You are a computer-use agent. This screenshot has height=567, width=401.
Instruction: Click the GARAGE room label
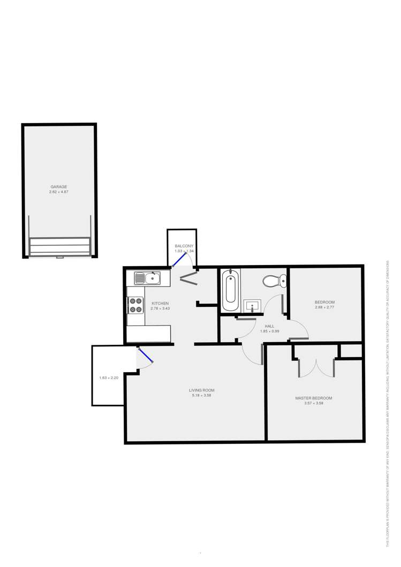click(58, 187)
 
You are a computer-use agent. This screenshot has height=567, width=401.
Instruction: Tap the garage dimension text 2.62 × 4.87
click(58, 192)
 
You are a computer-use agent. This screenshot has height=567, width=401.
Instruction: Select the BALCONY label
click(183, 246)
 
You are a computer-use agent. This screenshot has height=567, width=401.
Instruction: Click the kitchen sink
click(148, 278)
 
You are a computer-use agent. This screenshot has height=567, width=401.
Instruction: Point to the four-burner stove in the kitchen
click(135, 305)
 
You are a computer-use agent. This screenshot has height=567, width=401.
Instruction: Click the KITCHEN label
click(160, 304)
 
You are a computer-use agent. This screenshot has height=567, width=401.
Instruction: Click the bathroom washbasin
click(252, 306)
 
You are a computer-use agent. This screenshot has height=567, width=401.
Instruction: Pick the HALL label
click(269, 326)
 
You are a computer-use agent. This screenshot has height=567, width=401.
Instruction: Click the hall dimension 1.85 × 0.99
click(269, 331)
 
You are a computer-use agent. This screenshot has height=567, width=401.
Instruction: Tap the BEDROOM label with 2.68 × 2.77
click(324, 303)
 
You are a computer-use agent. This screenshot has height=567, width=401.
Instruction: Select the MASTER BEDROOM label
click(314, 398)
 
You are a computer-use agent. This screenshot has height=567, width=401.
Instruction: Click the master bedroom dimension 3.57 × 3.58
click(314, 403)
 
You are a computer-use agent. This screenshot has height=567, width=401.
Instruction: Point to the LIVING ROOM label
click(202, 390)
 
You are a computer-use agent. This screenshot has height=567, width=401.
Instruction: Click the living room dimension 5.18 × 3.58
click(202, 395)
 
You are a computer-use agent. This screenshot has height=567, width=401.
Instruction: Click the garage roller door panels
click(59, 247)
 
